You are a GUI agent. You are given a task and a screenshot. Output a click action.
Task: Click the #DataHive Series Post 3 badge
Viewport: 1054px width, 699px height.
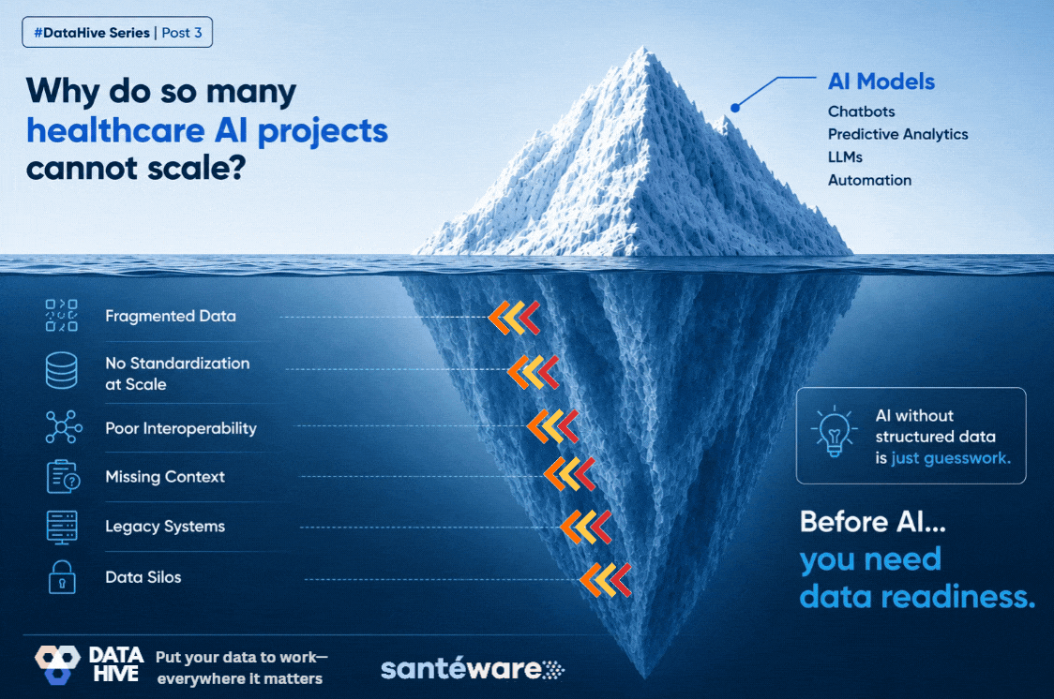click(117, 32)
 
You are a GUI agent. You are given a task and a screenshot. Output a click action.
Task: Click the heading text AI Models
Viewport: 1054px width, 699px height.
click(881, 82)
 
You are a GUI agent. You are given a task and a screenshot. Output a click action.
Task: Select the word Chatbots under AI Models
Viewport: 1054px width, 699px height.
click(861, 112)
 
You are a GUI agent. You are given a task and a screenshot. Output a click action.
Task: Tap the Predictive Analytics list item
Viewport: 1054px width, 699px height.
click(898, 134)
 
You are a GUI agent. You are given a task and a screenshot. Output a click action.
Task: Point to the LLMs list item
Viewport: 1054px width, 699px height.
click(845, 157)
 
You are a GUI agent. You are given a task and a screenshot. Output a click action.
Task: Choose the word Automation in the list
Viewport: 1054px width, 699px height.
click(870, 180)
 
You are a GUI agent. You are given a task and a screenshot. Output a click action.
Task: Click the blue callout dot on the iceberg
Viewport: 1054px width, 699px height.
click(735, 108)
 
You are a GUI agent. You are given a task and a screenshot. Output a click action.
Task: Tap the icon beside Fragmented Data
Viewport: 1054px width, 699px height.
click(61, 316)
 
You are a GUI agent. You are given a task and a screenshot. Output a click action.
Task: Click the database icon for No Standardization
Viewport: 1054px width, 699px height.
click(61, 371)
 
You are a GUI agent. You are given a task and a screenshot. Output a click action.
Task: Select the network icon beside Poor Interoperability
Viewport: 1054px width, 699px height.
click(64, 427)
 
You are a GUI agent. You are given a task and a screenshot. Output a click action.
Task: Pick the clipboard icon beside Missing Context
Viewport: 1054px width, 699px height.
click(63, 477)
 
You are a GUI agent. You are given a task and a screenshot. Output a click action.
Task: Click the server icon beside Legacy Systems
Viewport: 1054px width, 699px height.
click(62, 528)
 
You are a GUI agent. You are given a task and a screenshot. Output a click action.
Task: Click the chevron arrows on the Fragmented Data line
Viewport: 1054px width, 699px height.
click(514, 318)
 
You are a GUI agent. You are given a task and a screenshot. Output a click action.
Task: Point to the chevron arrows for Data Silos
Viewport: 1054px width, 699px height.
click(605, 580)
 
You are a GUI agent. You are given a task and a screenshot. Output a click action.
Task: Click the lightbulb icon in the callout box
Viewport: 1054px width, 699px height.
click(835, 432)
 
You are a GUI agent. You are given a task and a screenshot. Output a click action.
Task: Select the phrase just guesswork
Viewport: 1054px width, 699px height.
click(951, 458)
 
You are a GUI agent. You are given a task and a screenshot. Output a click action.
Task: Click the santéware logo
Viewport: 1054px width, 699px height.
click(473, 669)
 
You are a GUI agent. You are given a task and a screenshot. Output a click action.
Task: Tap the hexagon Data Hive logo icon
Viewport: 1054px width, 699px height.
click(57, 664)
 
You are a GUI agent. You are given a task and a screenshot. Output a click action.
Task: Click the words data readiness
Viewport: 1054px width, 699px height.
click(917, 596)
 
